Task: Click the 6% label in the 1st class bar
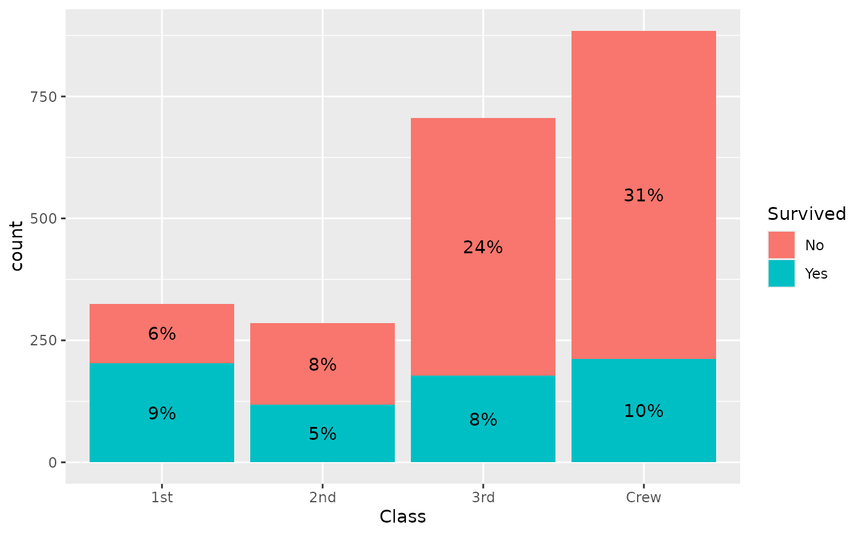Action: [162, 334]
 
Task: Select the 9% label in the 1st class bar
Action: [162, 413]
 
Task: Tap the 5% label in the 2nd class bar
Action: [323, 434]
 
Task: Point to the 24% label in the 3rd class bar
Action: [483, 248]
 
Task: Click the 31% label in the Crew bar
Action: [643, 196]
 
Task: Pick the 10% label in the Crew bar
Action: [643, 411]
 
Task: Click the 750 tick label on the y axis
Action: [45, 97]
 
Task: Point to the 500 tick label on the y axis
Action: [45, 219]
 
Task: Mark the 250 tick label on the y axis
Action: [45, 340]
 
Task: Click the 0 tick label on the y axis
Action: [53, 462]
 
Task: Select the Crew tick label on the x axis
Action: [643, 498]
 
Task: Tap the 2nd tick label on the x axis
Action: [323, 498]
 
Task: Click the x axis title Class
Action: [403, 517]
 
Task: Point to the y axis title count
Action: [17, 246]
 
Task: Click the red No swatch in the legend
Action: [782, 245]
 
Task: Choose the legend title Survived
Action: [806, 214]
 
